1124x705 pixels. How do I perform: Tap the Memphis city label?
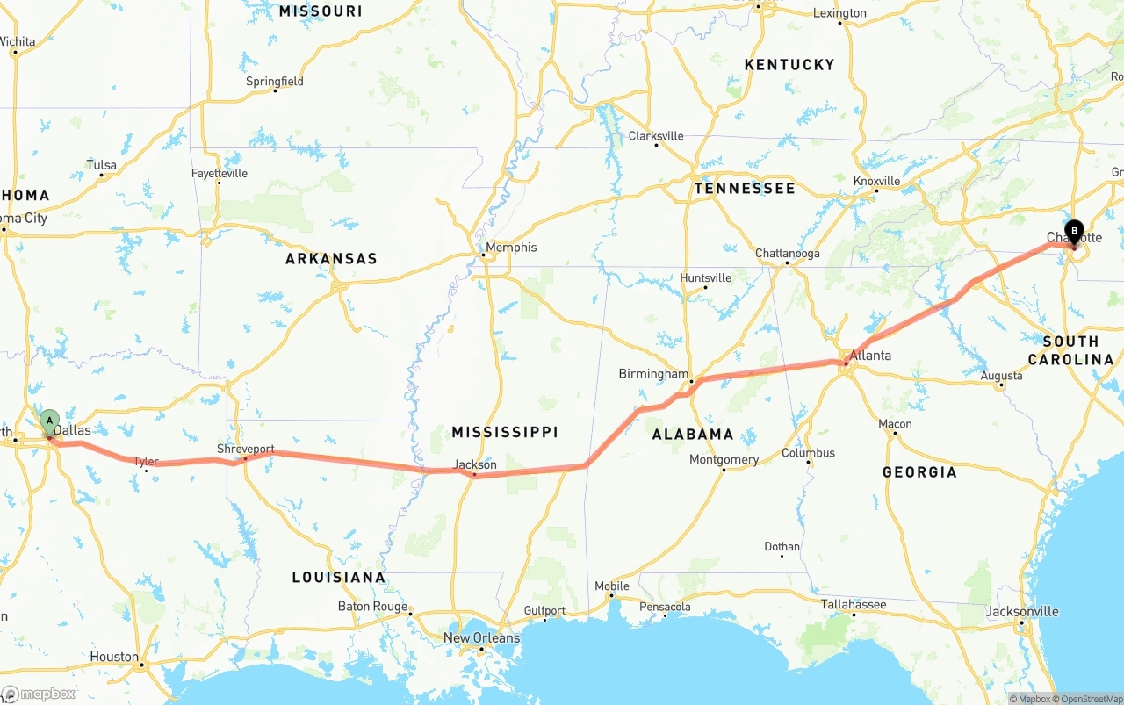(x=511, y=248)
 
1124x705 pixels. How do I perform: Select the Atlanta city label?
(x=870, y=356)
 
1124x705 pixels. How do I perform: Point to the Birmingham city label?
(x=653, y=374)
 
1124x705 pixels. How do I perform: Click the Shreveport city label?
(x=246, y=449)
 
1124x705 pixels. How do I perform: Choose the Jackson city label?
(x=475, y=464)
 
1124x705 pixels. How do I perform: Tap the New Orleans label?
(x=481, y=638)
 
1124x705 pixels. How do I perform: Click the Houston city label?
(x=114, y=657)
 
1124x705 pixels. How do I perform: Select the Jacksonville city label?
(x=1022, y=611)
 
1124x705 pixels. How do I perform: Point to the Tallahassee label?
(x=854, y=604)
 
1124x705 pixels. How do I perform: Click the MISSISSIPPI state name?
(x=505, y=432)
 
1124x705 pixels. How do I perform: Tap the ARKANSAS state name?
(x=331, y=259)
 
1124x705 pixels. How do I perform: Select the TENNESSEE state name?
(x=744, y=189)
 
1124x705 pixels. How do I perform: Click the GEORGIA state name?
(x=919, y=472)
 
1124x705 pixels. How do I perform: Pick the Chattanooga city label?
(x=788, y=254)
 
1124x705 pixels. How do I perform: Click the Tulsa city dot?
(x=101, y=176)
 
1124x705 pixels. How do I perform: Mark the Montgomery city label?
(x=724, y=460)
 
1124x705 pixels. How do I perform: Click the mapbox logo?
(x=39, y=694)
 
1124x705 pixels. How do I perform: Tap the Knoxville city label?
(x=876, y=181)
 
